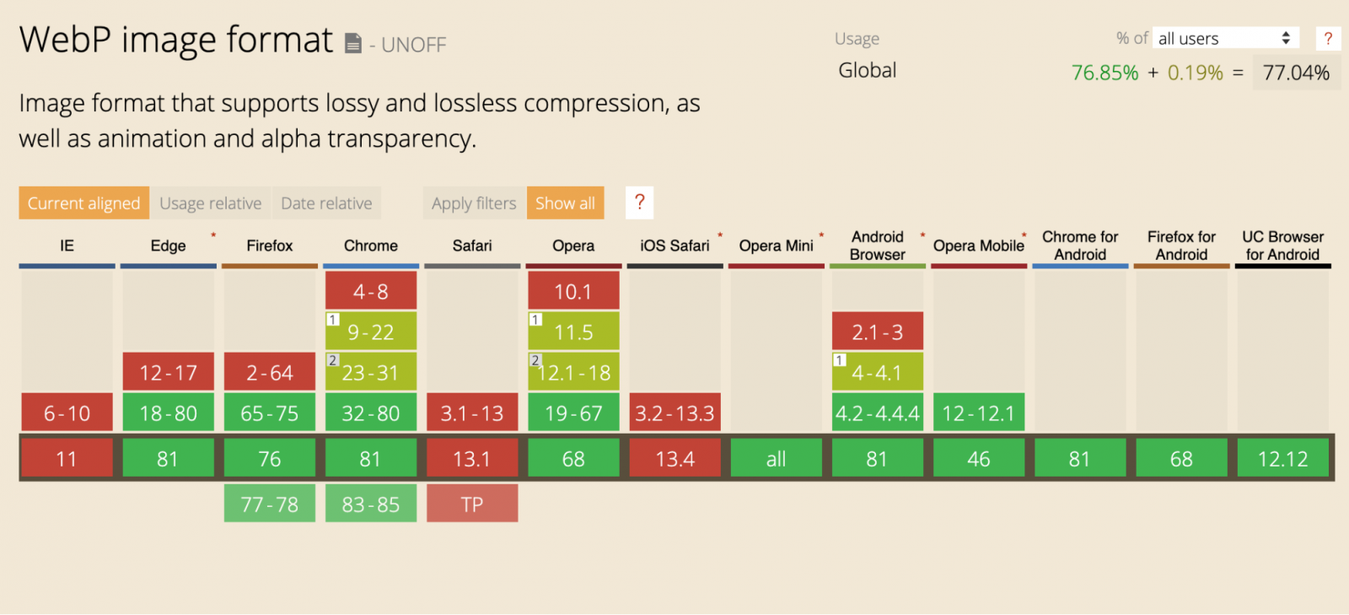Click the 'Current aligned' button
pos(83,203)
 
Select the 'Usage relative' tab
pos(210,203)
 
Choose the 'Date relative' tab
pos(326,203)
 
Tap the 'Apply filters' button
pos(474,203)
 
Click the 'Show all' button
pos(565,203)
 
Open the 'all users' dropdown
pos(1225,38)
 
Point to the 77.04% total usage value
pos(1296,73)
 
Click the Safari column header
pos(472,245)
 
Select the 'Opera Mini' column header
pos(776,245)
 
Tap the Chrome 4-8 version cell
pos(371,292)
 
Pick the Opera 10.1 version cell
pos(573,292)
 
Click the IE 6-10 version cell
pos(67,413)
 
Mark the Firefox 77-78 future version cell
pos(270,504)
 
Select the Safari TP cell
pos(472,504)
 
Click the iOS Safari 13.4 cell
pos(674,459)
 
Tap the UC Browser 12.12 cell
pos(1282,459)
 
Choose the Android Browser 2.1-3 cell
pos(877,332)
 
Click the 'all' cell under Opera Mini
pos(776,459)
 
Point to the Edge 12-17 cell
pos(169,373)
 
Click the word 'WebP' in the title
pos(65,40)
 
